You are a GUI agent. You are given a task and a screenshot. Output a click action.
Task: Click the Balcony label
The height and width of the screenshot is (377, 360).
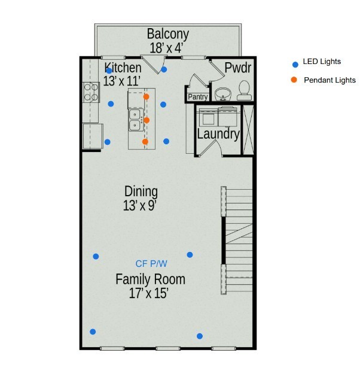(168, 34)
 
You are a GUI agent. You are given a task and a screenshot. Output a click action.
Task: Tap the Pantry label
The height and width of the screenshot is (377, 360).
(198, 97)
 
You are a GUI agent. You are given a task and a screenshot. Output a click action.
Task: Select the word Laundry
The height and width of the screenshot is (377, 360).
(218, 133)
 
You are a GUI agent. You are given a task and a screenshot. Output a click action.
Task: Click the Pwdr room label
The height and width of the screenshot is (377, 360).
(237, 68)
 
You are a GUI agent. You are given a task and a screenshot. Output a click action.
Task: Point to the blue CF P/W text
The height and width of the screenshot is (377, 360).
(151, 264)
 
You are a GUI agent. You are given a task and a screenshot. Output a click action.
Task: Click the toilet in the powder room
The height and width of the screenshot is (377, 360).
(245, 90)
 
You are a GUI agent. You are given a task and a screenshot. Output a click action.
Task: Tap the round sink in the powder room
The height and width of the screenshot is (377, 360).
(223, 94)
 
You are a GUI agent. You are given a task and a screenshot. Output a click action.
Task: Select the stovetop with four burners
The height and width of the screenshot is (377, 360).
(91, 93)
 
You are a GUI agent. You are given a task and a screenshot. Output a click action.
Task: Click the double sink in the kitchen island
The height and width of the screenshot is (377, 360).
(136, 120)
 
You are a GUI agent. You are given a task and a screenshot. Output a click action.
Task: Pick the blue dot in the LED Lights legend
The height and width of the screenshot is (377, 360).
(295, 65)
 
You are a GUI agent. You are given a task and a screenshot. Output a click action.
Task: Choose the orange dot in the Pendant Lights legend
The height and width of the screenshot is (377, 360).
(294, 80)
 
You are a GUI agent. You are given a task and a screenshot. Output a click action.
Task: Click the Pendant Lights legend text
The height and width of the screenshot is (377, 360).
(330, 80)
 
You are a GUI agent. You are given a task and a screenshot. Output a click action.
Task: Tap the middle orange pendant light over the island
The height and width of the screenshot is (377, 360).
(147, 120)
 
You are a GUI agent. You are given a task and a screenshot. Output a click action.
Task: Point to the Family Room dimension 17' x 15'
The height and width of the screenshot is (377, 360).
(148, 293)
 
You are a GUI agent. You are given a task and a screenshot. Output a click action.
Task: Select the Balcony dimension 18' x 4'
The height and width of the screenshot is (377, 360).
(166, 48)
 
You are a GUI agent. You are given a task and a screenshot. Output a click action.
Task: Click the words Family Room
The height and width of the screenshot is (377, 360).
(151, 279)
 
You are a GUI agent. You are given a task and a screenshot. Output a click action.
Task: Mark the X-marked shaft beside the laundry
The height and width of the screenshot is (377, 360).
(248, 130)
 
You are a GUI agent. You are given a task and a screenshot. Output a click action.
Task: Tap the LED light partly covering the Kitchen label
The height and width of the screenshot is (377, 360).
(109, 71)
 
